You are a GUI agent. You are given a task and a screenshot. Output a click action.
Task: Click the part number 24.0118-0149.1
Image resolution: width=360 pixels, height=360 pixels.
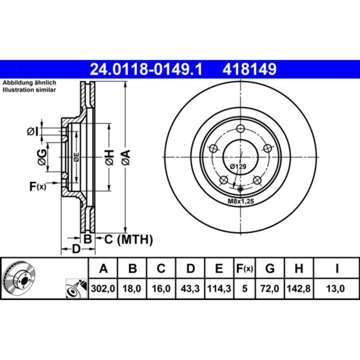pos(147,69)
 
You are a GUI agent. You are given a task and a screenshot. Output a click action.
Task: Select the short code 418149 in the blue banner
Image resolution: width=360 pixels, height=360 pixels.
pos(247,69)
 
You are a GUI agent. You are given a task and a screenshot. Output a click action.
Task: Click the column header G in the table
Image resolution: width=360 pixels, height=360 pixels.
pos(270,269)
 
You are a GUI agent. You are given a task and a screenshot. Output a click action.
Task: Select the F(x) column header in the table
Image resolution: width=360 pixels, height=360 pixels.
pos(244,269)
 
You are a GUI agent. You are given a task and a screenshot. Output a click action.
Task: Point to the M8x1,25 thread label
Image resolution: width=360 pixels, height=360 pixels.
pos(241,202)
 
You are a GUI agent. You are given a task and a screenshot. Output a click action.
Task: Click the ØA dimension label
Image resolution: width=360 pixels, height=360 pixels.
pos(125,157)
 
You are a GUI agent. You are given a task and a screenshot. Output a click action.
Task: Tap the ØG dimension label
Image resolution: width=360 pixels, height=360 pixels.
pos(41,157)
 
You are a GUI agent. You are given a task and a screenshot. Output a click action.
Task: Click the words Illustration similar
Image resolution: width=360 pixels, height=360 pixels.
pos(29,90)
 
